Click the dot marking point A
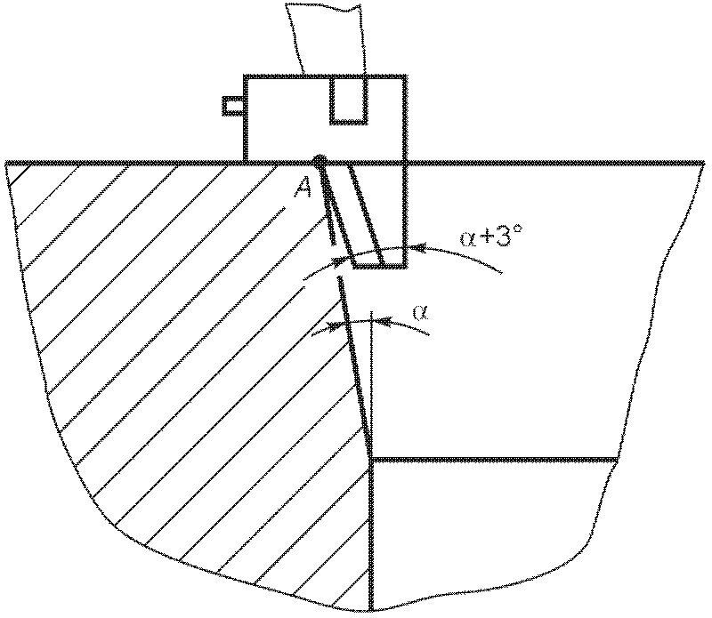coord(320,162)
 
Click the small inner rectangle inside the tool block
coord(348,99)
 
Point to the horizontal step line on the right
coord(494,460)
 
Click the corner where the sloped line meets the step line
coord(369,459)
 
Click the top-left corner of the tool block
coord(245,76)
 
